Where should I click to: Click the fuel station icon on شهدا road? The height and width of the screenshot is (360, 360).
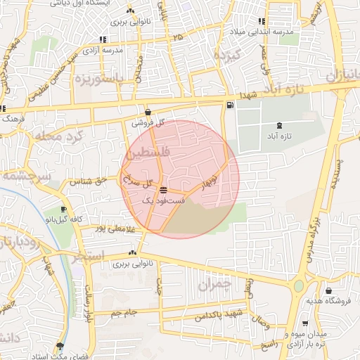coord(231,105)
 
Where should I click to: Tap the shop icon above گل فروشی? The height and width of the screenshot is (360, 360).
coord(148,112)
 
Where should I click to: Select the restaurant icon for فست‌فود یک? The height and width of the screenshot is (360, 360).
coord(164,190)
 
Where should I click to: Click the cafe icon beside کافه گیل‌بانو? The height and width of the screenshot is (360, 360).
coord(64,210)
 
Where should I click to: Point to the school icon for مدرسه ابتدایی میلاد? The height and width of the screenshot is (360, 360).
coord(262,21)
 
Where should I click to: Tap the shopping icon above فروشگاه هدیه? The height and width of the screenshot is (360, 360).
coord(328,290)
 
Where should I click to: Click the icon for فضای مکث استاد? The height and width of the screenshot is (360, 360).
coord(60,346)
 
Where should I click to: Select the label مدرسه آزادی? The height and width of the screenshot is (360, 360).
coord(102,51)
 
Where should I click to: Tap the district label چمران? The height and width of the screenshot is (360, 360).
coord(214,285)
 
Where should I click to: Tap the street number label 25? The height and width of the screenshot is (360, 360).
coord(177,36)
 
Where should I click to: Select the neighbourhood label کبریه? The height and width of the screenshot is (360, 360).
coord(228,55)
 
